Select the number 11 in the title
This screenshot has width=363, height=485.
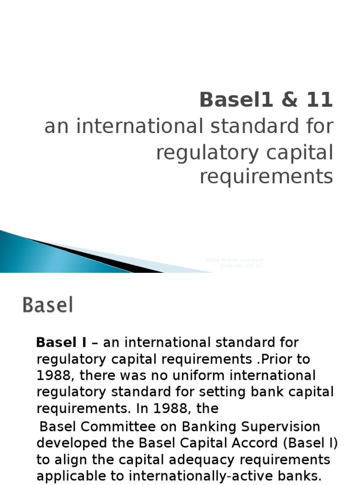(x=314, y=100)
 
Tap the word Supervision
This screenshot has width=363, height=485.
(x=281, y=427)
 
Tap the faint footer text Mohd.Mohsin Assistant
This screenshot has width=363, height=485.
(x=235, y=260)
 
